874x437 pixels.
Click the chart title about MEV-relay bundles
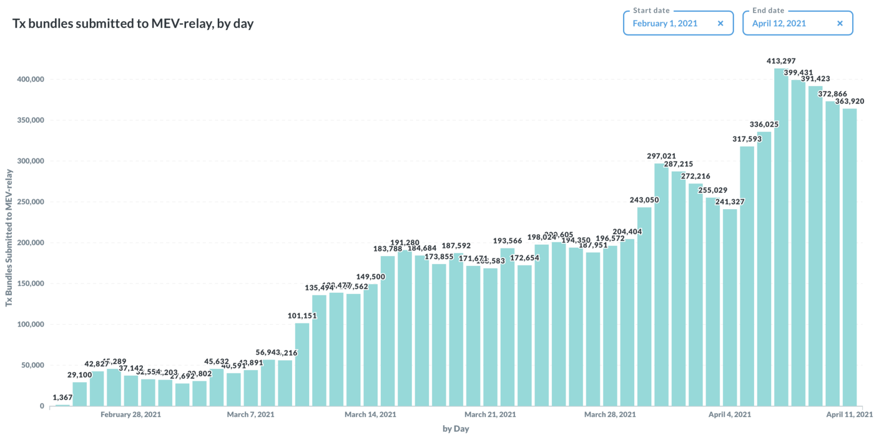coord(133,24)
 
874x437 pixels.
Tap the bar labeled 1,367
coord(63,405)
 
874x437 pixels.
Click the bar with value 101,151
coord(302,365)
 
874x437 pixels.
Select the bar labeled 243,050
coord(644,307)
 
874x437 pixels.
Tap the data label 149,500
coord(370,277)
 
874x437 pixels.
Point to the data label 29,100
coord(80,375)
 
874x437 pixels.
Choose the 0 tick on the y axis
coord(42,406)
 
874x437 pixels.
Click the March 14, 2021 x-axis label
coord(370,415)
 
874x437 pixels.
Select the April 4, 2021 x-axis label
coord(730,415)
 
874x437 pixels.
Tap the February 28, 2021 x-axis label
coord(130,415)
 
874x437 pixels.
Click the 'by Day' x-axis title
coord(456,429)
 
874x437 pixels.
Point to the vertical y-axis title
coord(9,240)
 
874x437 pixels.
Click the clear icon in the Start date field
coord(720,24)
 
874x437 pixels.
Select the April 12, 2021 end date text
coord(779,24)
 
